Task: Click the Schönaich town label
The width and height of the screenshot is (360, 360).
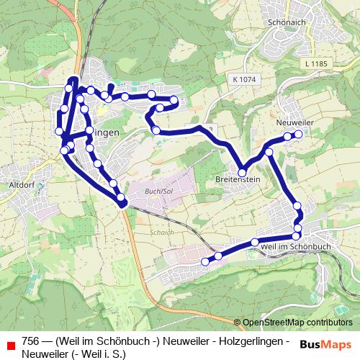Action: tap(282, 22)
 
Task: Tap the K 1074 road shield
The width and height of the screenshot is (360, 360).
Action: tap(244, 78)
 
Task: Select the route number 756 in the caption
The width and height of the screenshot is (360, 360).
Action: tap(30, 341)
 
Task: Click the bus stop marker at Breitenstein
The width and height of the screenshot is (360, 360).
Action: tap(243, 173)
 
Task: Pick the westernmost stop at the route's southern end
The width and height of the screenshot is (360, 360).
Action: tap(206, 261)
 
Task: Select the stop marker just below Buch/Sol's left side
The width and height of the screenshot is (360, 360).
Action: tap(121, 197)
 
